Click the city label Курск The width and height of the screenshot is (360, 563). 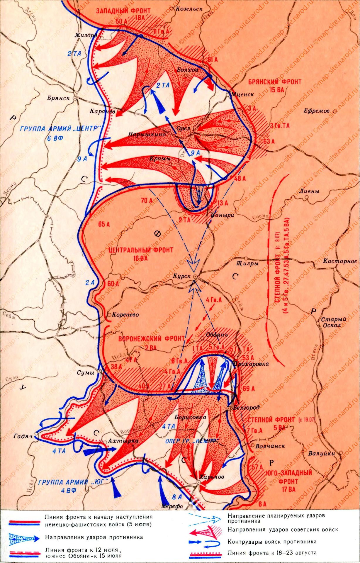(182, 276)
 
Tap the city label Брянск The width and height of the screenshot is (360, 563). (58, 98)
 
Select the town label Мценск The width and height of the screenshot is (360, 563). (242, 94)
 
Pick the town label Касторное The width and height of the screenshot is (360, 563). (340, 261)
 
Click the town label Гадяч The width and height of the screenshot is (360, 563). (22, 436)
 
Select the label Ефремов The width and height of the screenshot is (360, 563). (317, 111)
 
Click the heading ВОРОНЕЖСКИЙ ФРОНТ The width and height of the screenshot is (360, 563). (152, 339)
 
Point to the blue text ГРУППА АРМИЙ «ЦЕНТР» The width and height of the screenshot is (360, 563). (61, 129)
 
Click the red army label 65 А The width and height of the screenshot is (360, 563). (104, 224)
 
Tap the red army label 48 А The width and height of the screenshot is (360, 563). (240, 178)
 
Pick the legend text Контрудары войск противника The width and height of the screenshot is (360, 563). (272, 542)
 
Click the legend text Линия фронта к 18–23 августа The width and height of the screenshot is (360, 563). (272, 552)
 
